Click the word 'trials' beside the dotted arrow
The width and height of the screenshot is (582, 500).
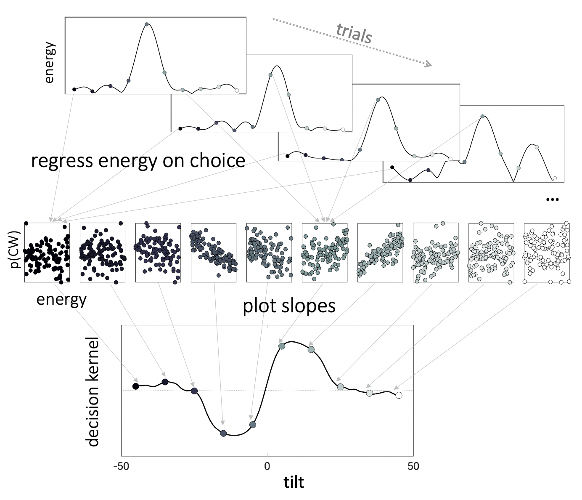coord(354,33)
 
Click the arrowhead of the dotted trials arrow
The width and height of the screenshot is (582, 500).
coord(428,64)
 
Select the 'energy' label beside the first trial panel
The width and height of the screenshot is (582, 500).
coord(49,62)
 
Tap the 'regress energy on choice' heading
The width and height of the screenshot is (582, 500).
coord(138,161)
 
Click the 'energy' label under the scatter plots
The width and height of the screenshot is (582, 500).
coord(61,299)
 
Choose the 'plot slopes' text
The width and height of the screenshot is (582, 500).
coord(289,306)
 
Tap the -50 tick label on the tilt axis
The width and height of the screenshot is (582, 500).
coord(121,466)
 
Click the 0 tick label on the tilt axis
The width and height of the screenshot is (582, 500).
coord(267,466)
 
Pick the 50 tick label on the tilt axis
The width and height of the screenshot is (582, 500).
coord(413,466)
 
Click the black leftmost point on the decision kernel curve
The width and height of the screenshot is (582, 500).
coord(135,386)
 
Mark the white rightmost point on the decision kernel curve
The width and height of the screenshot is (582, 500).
coord(399,395)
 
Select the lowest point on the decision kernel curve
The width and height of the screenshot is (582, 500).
coord(223,434)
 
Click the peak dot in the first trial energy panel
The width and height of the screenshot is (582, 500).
coord(146,24)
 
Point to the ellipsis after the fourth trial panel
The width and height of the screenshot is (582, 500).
coord(552,199)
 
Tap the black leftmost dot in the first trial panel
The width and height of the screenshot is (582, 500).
coord(74,89)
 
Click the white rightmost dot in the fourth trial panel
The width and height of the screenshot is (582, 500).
coord(554,178)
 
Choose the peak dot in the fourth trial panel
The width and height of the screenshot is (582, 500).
coord(482,117)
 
